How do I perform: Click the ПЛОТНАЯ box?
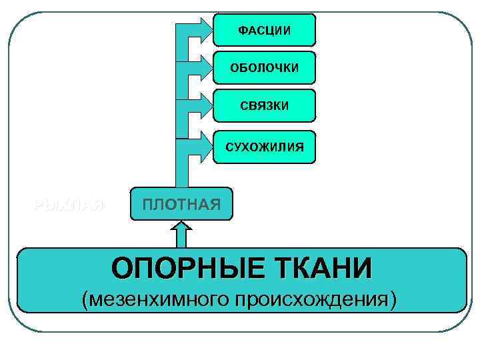click(180, 203)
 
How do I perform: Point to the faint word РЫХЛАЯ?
click(69, 204)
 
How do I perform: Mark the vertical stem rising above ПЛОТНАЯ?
click(181, 107)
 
